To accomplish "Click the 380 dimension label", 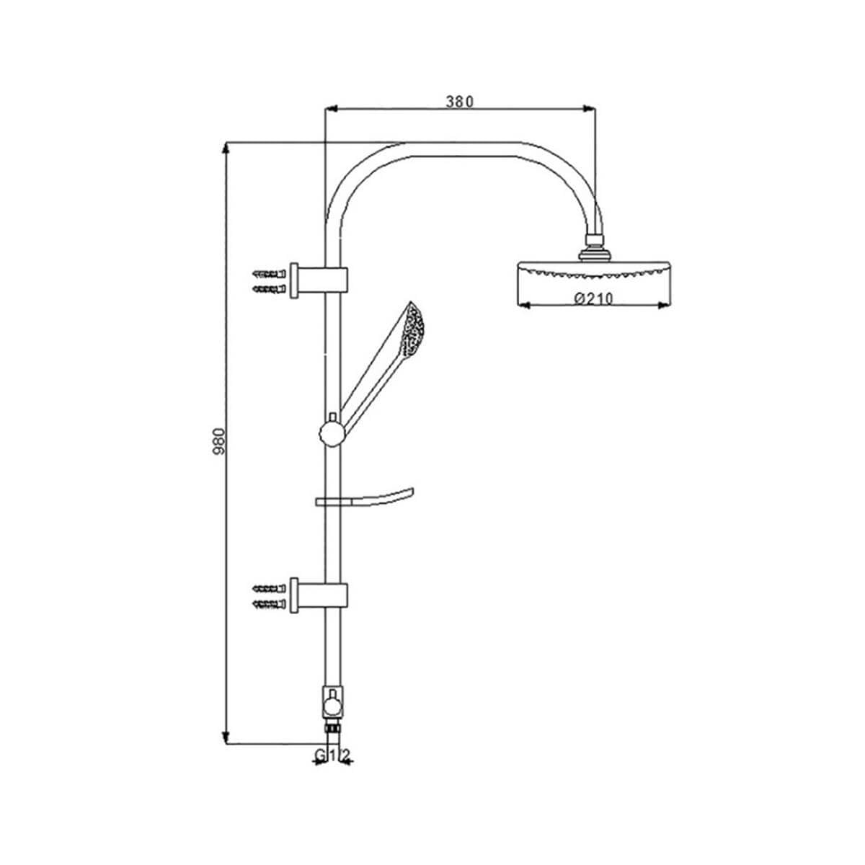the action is point(459,102).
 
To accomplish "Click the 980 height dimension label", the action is point(219,442).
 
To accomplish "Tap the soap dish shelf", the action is point(365,497).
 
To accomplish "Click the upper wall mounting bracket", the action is point(319,280).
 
